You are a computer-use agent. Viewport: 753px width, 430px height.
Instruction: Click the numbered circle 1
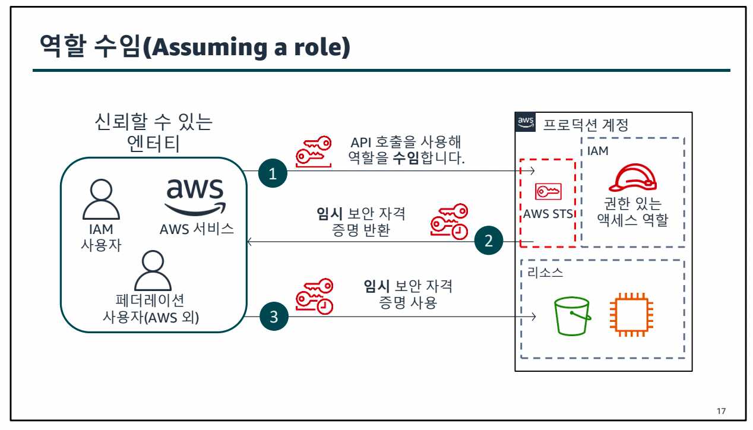tap(273, 174)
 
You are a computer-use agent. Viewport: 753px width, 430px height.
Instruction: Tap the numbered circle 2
tap(489, 242)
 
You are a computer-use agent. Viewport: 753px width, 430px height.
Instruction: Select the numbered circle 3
tap(273, 317)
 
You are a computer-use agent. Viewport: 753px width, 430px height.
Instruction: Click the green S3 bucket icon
tap(571, 316)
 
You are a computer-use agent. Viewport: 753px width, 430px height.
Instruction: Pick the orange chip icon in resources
tap(631, 315)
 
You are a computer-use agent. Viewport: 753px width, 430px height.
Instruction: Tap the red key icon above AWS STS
tap(548, 191)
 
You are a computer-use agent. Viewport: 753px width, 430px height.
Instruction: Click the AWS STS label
tap(548, 214)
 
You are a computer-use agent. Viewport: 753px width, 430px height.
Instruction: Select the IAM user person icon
tap(100, 200)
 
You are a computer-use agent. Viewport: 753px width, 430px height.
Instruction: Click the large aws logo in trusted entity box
tap(195, 196)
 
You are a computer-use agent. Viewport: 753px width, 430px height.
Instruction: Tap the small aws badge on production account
tap(526, 122)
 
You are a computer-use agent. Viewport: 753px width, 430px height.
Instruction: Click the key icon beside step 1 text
tap(314, 152)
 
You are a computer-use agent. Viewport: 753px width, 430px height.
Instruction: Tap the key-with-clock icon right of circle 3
tap(315, 296)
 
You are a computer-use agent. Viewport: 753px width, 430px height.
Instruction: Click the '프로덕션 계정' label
tap(586, 125)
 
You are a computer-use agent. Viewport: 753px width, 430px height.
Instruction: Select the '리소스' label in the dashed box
tap(545, 273)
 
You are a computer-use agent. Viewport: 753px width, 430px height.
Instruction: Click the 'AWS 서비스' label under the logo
tap(197, 229)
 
